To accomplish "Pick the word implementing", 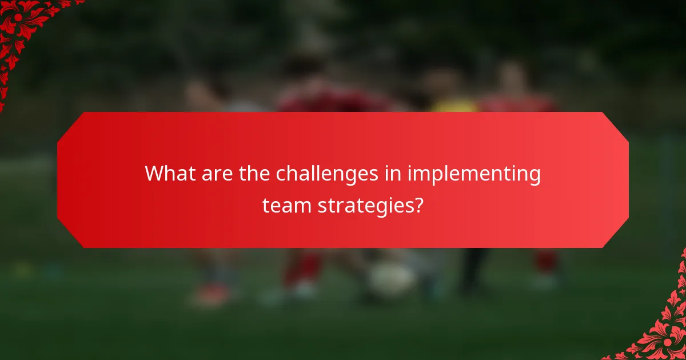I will tap(474, 174).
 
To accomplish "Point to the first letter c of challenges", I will tap(281, 174).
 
